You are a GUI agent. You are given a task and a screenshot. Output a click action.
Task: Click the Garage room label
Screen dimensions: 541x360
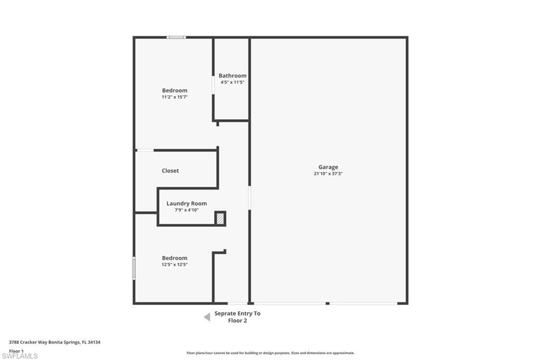tap(328, 167)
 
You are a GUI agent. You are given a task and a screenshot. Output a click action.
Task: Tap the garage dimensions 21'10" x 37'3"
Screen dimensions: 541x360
tap(328, 174)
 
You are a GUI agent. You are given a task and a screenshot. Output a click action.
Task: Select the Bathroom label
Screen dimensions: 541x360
tap(232, 75)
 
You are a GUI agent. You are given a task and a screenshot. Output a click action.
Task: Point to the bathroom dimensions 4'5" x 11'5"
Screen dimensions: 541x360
tap(232, 82)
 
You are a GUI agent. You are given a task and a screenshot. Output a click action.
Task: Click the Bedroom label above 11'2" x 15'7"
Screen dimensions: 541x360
tap(174, 90)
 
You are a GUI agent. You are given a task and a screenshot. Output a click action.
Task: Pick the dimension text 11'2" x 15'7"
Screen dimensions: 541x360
tap(174, 97)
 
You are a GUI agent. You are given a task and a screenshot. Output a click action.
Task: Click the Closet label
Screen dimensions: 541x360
tap(171, 170)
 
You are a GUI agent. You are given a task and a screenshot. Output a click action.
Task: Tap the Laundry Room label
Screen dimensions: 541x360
tap(186, 203)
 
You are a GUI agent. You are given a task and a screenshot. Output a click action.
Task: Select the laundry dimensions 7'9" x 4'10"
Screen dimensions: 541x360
tap(186, 210)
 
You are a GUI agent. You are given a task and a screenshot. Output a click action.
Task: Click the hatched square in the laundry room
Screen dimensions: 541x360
tap(220, 219)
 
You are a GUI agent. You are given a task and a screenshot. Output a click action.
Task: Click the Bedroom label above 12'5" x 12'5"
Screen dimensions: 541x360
tap(174, 258)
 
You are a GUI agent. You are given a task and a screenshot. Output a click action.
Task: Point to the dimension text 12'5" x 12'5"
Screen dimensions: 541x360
tap(174, 264)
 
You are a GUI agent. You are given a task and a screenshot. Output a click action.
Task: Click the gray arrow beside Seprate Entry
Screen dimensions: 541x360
tap(207, 317)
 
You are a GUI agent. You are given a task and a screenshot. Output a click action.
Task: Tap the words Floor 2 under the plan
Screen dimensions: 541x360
tap(237, 321)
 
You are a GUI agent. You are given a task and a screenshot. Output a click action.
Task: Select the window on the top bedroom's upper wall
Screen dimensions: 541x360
tap(176, 37)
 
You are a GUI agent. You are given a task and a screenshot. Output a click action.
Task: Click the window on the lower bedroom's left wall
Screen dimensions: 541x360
tap(134, 268)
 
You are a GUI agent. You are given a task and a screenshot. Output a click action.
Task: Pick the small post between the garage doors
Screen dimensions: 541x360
tap(328, 304)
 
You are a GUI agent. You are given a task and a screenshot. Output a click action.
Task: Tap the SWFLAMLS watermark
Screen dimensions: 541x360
tap(20, 356)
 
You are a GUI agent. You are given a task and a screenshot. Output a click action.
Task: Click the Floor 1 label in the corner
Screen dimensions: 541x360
tap(16, 351)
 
